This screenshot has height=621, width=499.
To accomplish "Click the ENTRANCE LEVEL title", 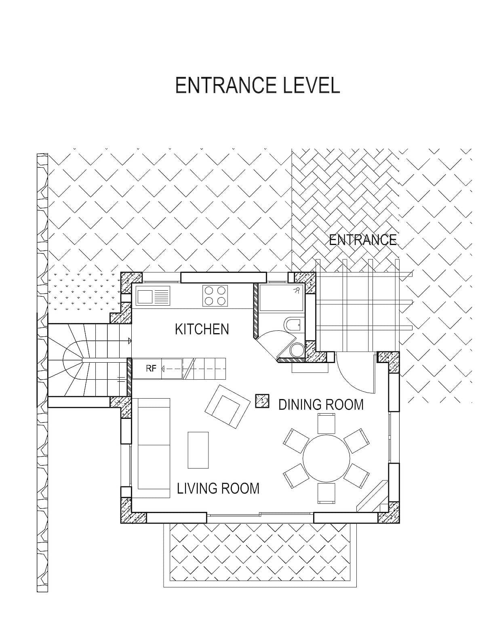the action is [257, 85].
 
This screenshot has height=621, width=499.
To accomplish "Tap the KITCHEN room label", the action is [202, 329].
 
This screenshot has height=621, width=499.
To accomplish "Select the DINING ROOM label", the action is [321, 404].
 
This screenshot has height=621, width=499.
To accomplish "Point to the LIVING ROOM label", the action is [218, 488].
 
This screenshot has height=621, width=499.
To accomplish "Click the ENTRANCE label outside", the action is [362, 240].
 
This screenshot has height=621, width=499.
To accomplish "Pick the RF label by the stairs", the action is [151, 368].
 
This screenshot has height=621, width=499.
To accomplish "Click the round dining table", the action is [326, 458].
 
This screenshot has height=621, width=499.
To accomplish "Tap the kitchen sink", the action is [153, 295].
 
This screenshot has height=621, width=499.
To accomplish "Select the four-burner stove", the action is [215, 296].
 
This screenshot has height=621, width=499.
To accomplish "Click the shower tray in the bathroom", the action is [281, 298].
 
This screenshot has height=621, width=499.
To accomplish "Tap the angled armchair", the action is [227, 407].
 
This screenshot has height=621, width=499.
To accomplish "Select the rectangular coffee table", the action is [198, 450].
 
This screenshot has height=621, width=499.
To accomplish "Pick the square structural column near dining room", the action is [262, 401].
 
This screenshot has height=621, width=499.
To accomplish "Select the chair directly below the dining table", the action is [326, 494].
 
